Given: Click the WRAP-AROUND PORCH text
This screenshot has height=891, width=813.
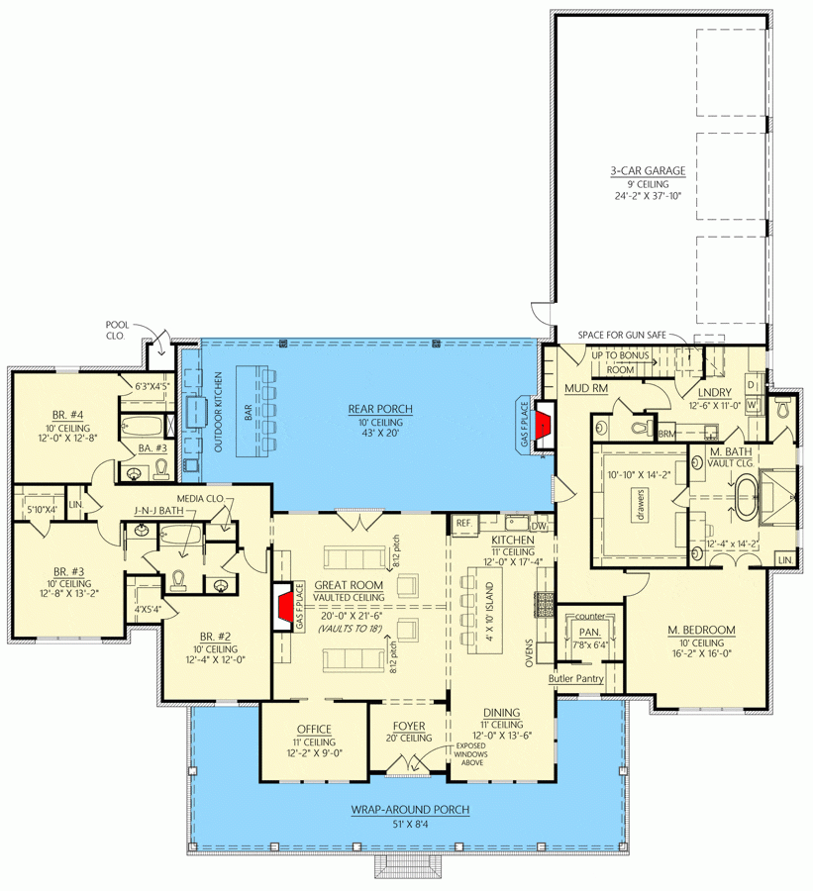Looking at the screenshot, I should point(409,809).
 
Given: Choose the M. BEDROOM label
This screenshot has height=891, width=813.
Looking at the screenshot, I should point(701,629).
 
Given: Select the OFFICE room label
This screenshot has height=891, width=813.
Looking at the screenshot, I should point(315,729).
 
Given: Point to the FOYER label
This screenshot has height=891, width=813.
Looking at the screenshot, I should point(409,726).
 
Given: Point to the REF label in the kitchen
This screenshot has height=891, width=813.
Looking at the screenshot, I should point(463,523).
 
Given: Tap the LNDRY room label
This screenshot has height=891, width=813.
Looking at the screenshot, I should point(713,391).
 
